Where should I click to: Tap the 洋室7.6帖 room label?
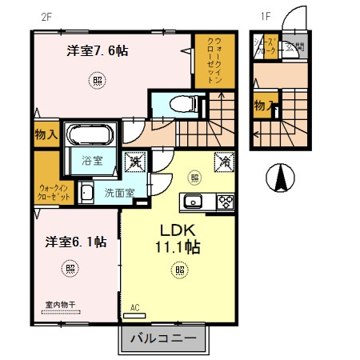pos(98,51)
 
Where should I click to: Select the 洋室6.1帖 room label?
pos(75,242)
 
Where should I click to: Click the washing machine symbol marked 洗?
pos(135,162)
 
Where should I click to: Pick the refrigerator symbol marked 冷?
pos(221,161)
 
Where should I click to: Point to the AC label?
pos(134,306)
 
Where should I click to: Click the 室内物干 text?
pos(59,306)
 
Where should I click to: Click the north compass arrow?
pos(280,176)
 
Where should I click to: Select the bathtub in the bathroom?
pos(90,133)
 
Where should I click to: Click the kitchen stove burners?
pos(223,200)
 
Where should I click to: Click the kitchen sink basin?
pos(194,200)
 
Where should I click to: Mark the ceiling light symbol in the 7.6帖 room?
pos(96,80)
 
